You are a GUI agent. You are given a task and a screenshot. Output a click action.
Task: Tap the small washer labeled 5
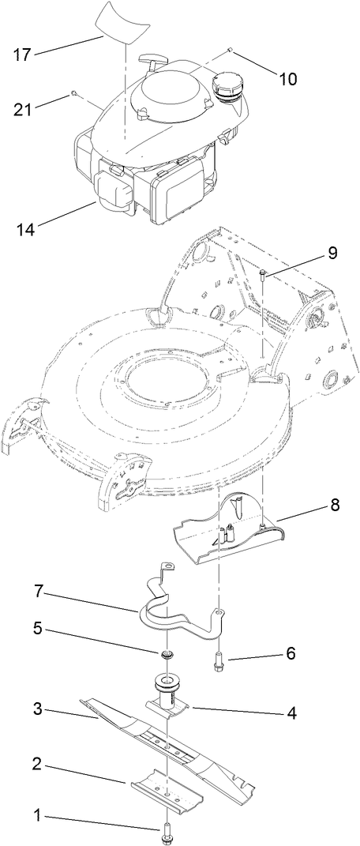167,654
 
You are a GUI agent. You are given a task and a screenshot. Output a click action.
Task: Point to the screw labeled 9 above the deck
262,274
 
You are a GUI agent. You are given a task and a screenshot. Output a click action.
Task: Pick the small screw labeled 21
73,93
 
